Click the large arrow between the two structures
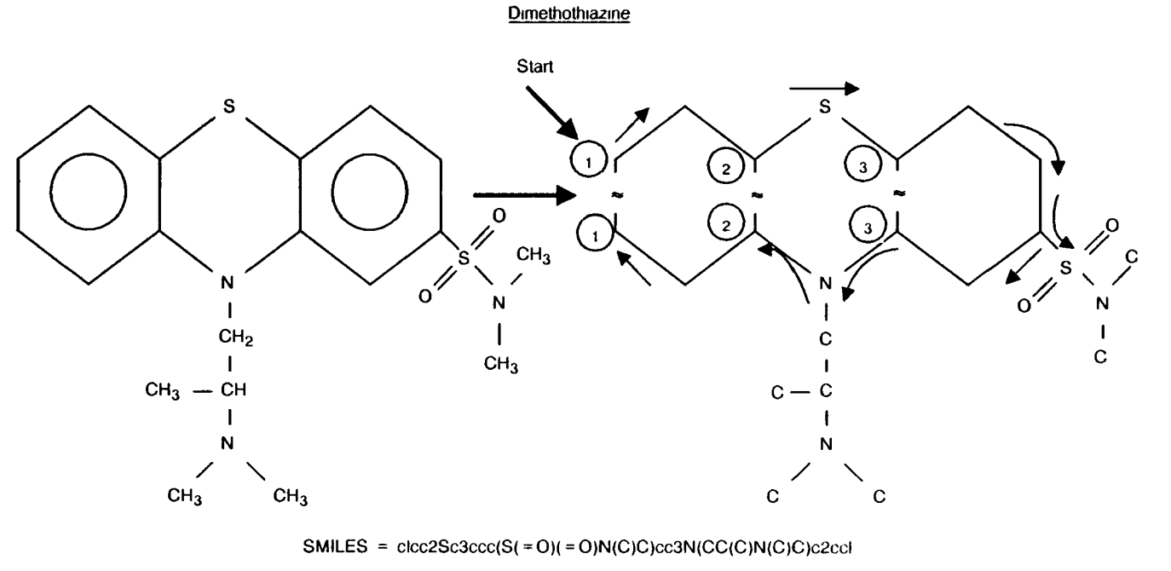click(520, 195)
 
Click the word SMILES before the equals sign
click(348, 545)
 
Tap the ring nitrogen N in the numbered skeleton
click(823, 282)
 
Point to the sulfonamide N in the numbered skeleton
click(1101, 302)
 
